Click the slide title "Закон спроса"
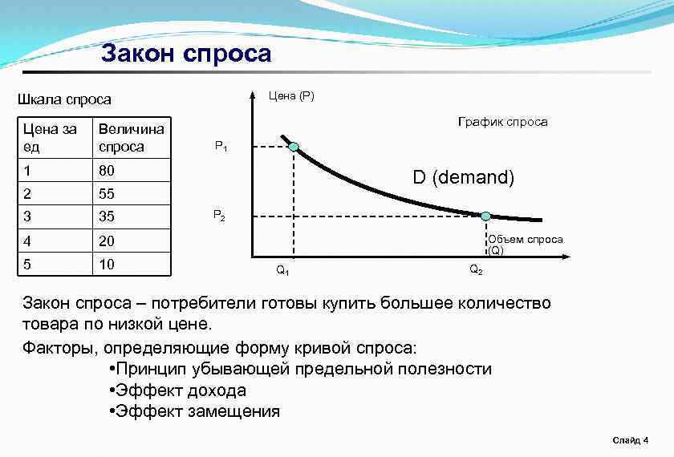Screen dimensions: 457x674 click(186, 55)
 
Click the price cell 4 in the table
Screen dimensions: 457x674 click(28, 241)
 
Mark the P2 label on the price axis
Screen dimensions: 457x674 click(219, 215)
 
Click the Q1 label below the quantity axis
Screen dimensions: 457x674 click(282, 270)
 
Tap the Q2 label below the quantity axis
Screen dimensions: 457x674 click(476, 269)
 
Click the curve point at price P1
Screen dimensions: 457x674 click(294, 147)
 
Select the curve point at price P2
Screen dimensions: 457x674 click(485, 216)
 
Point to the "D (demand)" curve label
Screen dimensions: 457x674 click(464, 178)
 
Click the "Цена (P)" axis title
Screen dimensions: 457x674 click(291, 96)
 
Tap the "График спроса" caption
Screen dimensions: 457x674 click(502, 122)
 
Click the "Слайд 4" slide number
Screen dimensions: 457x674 click(630, 440)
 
